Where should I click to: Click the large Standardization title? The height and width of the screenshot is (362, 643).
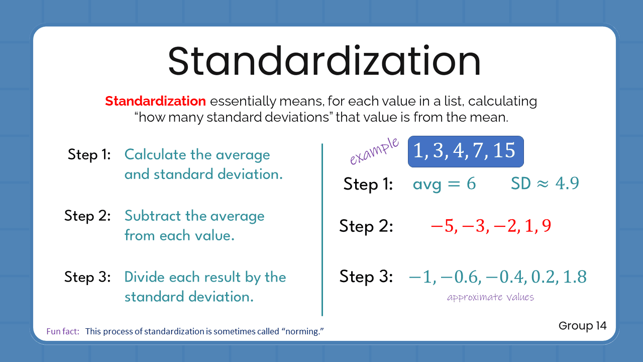[324, 61]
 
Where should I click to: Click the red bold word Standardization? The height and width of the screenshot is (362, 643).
[155, 101]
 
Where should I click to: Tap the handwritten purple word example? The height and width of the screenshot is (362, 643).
[375, 151]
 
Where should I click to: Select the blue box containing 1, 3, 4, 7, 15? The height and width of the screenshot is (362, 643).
[466, 151]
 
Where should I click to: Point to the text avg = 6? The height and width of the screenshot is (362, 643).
[444, 184]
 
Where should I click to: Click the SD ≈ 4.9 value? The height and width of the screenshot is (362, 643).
[545, 184]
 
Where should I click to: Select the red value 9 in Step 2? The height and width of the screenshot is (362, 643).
[546, 226]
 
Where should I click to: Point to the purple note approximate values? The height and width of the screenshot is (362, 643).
[490, 297]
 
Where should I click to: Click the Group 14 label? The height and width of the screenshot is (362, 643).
[582, 326]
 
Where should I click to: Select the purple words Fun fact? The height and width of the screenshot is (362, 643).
[63, 332]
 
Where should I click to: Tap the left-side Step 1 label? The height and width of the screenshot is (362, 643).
[89, 155]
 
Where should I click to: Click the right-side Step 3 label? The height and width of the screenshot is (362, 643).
[366, 277]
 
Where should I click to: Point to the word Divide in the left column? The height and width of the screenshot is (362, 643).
[145, 278]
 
